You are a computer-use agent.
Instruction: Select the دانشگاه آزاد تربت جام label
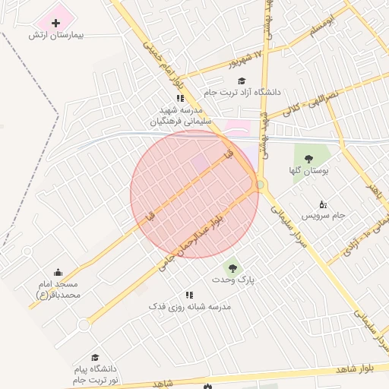(242, 92)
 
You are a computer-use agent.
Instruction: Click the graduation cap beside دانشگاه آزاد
(242, 81)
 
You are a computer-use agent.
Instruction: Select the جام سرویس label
(326, 215)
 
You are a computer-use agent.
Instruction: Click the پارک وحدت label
(236, 280)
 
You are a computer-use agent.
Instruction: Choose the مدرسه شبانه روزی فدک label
(189, 306)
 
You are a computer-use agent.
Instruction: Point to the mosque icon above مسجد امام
(58, 273)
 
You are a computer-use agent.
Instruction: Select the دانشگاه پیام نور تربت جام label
(96, 374)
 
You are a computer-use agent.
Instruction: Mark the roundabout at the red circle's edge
(260, 184)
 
